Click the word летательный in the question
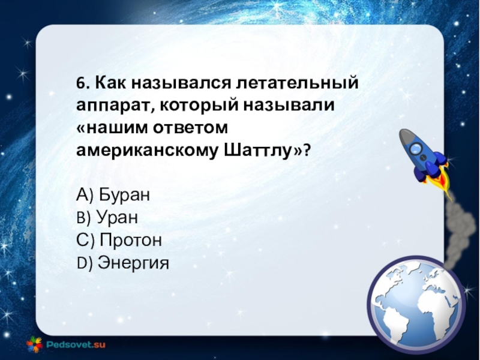pyautogui.click(x=297, y=83)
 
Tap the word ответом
pyautogui.click(x=190, y=128)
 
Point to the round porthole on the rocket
pyautogui.click(x=416, y=148)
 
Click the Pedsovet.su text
pyautogui.click(x=76, y=344)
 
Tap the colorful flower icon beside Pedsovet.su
pyautogui.click(x=34, y=344)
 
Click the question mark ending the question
pyautogui.click(x=307, y=151)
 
